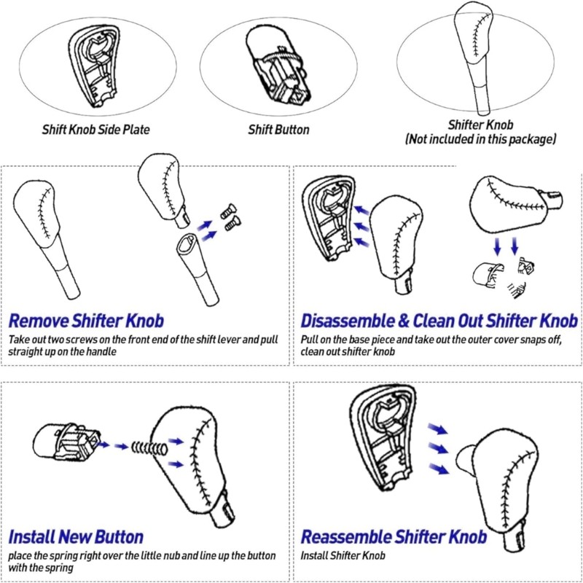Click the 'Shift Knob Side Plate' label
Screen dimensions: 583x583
95,131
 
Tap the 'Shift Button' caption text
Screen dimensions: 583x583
278,130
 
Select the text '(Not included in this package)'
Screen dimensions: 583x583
481,138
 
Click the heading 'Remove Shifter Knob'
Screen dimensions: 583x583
86,321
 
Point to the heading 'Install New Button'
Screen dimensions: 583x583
76,538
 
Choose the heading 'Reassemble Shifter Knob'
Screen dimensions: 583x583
394,538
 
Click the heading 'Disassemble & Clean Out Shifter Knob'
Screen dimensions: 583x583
439,321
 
